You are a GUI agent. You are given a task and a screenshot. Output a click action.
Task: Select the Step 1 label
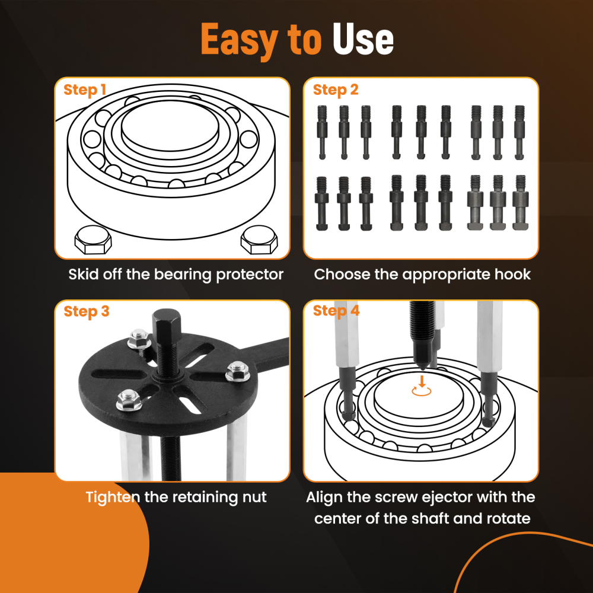(85, 90)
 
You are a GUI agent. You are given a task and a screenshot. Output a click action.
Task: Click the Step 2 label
(336, 90)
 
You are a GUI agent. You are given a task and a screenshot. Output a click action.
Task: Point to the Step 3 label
(87, 311)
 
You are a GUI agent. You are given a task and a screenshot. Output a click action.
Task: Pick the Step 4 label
(336, 311)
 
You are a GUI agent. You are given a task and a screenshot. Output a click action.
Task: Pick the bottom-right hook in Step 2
(521, 202)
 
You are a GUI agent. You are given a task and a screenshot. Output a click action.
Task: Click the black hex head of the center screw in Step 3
(161, 326)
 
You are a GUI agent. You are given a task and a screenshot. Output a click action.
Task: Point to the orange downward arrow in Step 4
(421, 380)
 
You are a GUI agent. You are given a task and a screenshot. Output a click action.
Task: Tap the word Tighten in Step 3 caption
(113, 497)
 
